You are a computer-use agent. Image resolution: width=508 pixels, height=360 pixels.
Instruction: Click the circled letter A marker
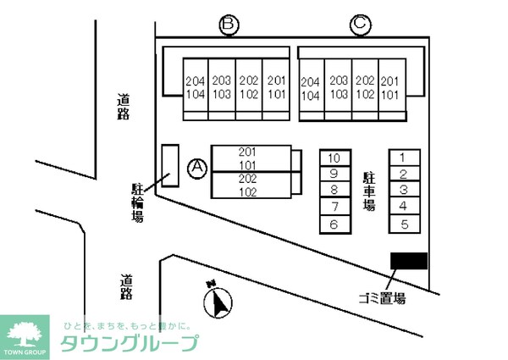pos(197,169)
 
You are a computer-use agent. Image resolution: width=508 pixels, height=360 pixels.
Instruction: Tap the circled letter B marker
pos(227,25)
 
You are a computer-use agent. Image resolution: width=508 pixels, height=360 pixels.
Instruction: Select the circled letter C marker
pos(359,25)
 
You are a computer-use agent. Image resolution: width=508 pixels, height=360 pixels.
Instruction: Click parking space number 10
pos(334,158)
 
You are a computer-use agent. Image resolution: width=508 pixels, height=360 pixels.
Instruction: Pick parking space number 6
pos(334,224)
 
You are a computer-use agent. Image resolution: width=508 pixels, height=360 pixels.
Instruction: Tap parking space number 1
pos(404,157)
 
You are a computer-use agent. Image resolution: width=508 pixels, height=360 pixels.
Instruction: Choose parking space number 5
pos(404,224)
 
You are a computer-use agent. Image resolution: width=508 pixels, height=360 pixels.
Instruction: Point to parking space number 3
pos(404,191)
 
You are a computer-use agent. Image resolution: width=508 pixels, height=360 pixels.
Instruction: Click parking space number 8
pos(334,191)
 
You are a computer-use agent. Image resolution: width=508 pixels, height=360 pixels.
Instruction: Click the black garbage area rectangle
pos(408,262)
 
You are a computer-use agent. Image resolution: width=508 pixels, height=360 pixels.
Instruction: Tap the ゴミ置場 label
pos(381,298)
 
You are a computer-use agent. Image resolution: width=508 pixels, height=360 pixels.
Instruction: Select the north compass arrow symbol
pos(220,302)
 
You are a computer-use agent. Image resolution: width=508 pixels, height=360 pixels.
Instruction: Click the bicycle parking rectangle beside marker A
pos(170,166)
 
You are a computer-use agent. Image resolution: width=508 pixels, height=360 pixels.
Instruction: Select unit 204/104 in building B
pos(195,87)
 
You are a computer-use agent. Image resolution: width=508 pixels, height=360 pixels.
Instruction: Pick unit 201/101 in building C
pos(390,87)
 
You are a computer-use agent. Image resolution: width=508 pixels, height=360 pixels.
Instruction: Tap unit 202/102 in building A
pos(248,185)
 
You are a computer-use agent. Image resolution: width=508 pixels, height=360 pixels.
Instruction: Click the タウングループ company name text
pos(130,344)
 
